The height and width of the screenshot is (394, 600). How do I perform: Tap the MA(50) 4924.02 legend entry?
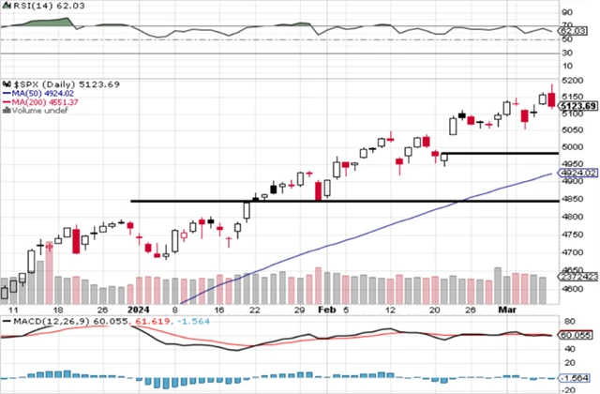click(44, 93)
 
